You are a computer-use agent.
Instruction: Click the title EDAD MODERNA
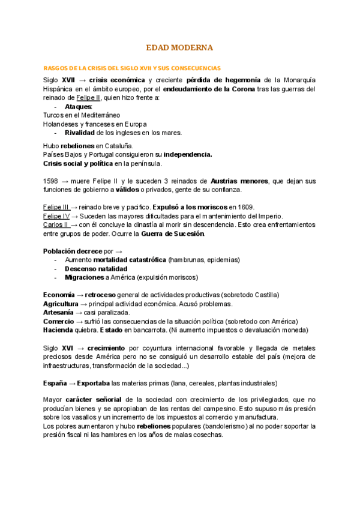[180, 47]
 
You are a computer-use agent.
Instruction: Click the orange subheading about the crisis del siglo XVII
[133, 68]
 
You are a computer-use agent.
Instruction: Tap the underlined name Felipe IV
[56, 215]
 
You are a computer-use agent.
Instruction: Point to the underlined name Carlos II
[56, 224]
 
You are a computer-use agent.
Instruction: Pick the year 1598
[52, 181]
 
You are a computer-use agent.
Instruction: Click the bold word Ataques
[78, 106]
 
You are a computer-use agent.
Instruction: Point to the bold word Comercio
[58, 322]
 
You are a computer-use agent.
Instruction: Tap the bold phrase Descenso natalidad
[95, 269]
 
